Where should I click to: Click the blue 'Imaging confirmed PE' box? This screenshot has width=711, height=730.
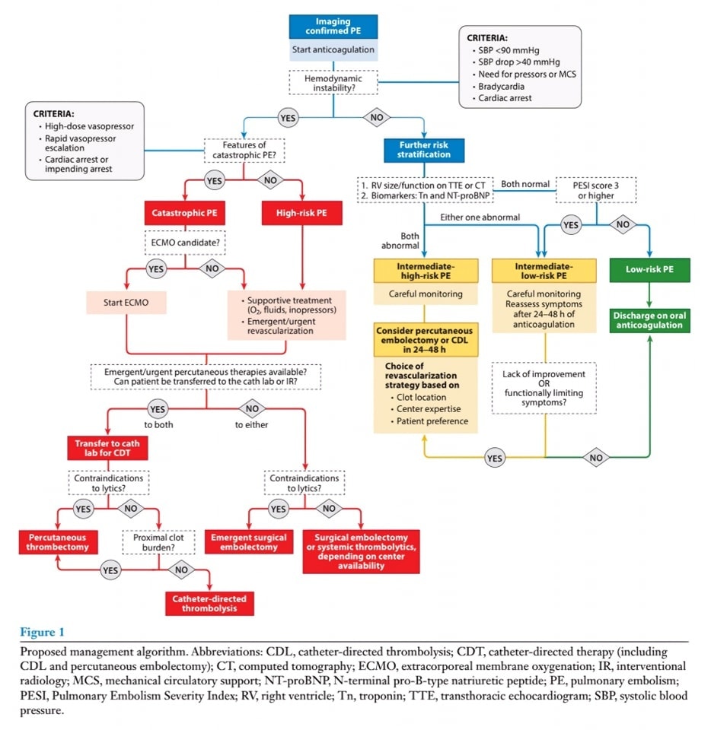click(333, 27)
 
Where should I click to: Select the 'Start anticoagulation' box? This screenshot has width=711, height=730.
click(333, 50)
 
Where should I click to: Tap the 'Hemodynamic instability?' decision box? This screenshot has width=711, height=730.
click(333, 83)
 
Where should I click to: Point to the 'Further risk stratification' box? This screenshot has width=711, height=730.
click(424, 148)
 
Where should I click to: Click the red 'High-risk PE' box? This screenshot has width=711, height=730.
click(302, 215)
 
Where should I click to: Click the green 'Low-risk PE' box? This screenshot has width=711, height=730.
click(649, 270)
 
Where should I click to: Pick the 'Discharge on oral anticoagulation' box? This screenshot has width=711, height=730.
click(649, 320)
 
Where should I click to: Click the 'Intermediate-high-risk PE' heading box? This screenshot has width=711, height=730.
click(426, 270)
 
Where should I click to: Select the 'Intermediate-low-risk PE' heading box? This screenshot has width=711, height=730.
click(544, 270)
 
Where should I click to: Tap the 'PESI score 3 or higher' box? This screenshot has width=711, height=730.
click(596, 189)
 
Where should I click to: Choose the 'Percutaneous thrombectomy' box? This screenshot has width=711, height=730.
click(56, 541)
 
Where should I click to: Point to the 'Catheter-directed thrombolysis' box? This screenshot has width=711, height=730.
click(209, 603)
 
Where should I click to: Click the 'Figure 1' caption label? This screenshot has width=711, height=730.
click(37, 632)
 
